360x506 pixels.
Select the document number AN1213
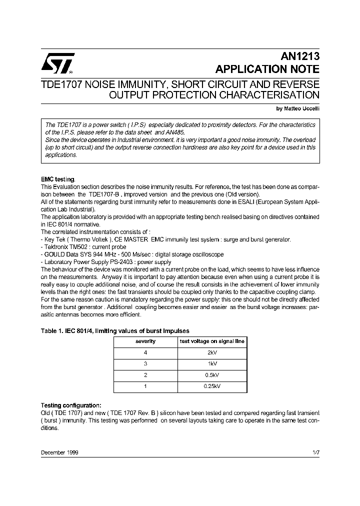(x=302, y=57)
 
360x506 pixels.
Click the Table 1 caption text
(x=114, y=330)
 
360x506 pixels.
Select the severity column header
(x=145, y=341)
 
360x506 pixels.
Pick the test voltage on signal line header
(x=212, y=341)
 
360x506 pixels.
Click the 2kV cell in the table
(x=212, y=353)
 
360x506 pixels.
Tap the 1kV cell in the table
(x=212, y=364)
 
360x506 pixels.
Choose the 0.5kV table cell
(x=212, y=375)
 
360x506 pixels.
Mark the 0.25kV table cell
(x=212, y=386)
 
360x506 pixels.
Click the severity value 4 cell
(x=145, y=353)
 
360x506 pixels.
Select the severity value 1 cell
(x=145, y=386)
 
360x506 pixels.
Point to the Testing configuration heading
(x=70, y=405)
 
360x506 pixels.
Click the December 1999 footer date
(x=59, y=452)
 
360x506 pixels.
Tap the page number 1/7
(x=315, y=452)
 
